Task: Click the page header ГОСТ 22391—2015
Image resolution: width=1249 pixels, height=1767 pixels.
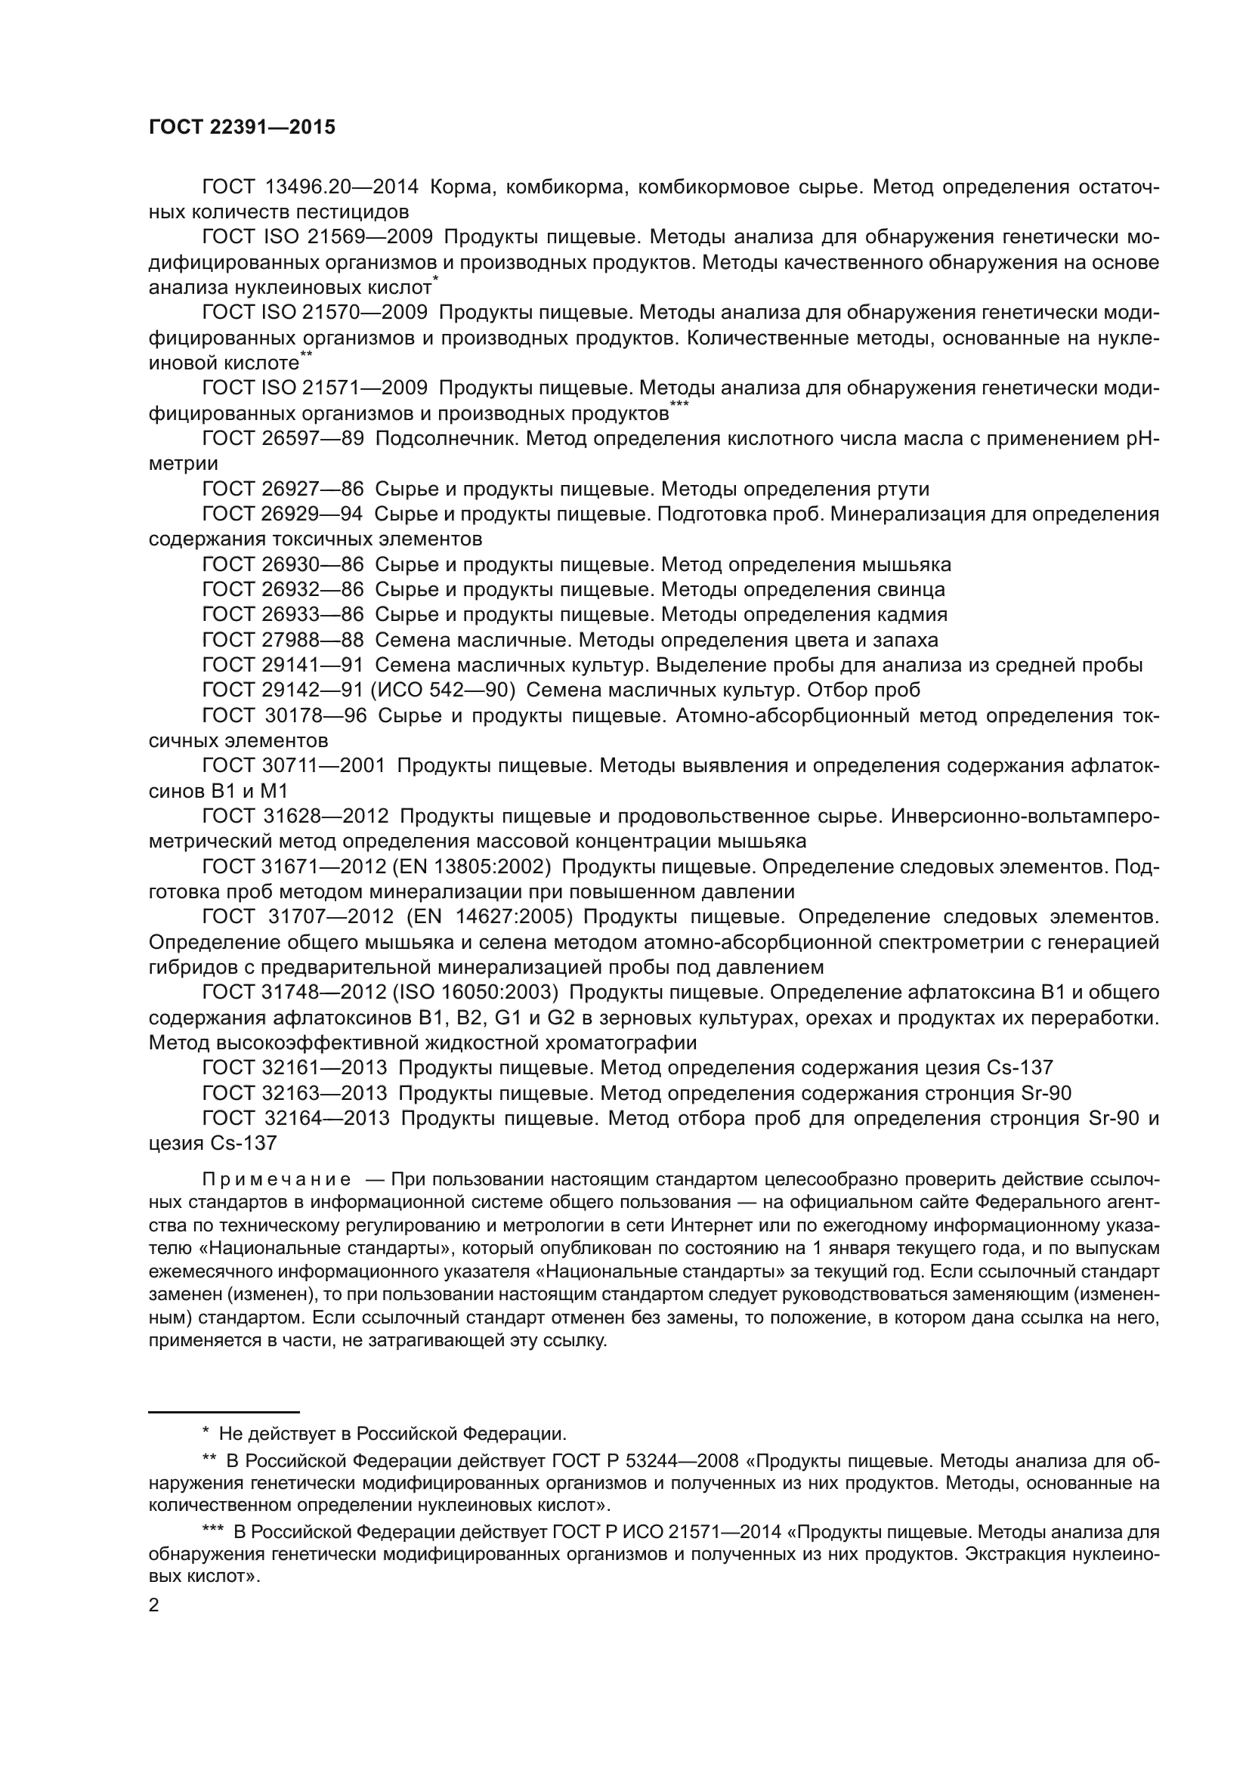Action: (242, 128)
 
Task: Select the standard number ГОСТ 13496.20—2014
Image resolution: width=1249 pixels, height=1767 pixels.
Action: (309, 187)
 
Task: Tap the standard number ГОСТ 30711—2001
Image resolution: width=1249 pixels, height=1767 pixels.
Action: (293, 766)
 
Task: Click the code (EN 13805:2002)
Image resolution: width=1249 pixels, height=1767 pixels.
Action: (471, 867)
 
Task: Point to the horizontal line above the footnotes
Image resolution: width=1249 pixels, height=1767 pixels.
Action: (223, 1411)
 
